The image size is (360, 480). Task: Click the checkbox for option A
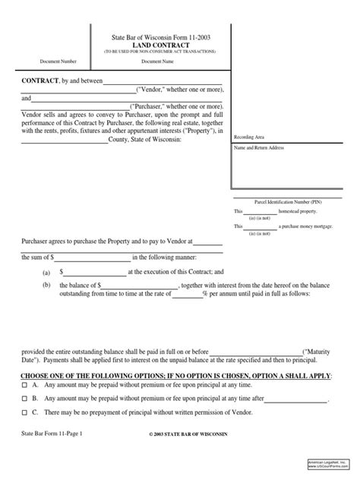[25, 385]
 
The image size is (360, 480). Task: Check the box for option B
[25, 397]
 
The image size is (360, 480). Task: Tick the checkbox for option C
[25, 411]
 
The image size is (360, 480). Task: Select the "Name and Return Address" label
[259, 148]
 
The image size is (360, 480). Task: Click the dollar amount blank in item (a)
[95, 271]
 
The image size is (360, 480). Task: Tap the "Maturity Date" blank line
[255, 352]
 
